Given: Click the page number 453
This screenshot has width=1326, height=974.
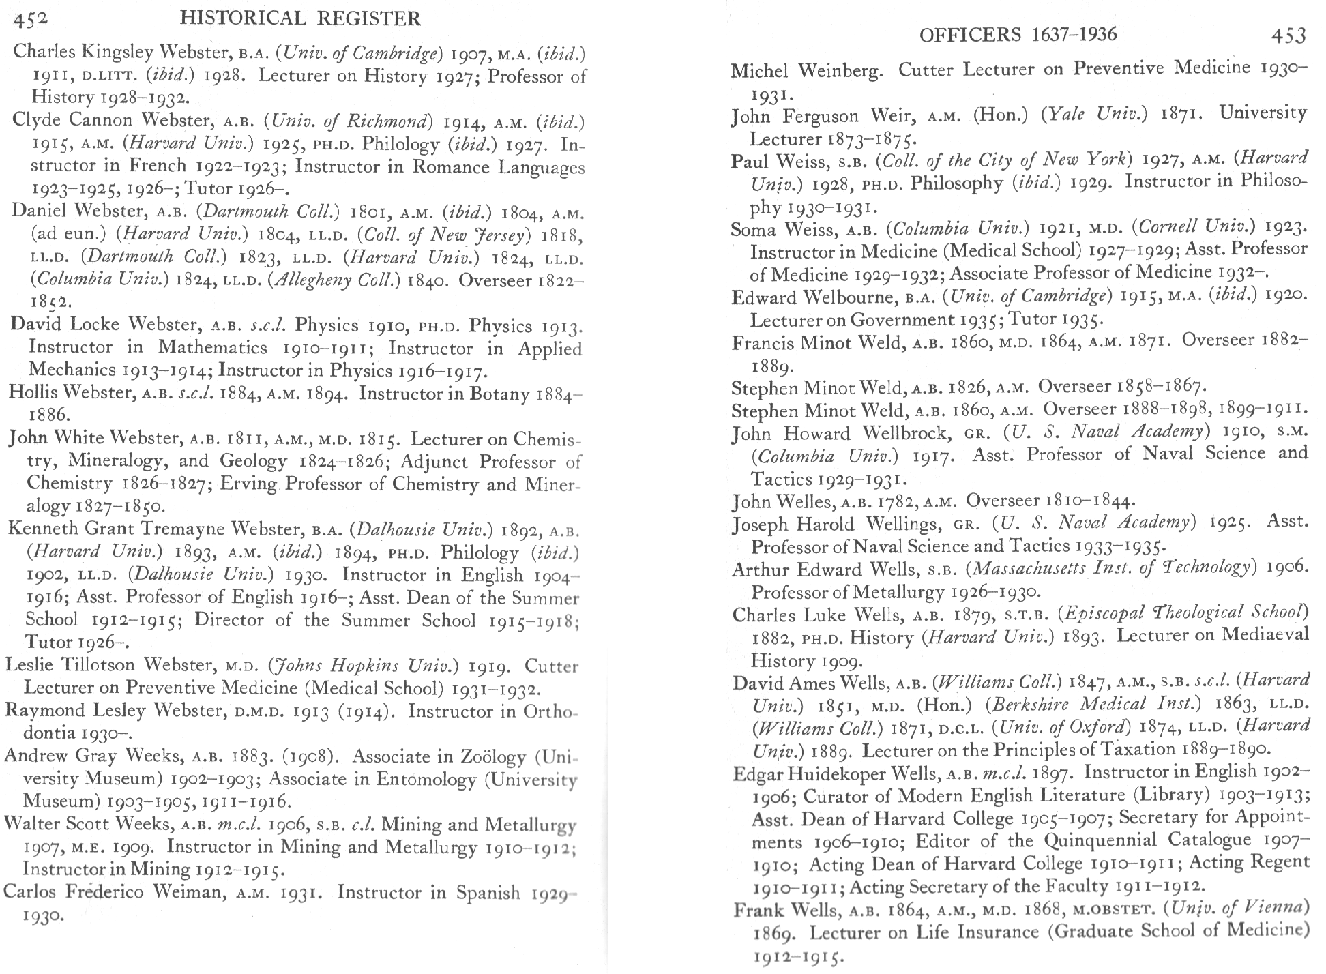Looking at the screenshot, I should coord(1288,35).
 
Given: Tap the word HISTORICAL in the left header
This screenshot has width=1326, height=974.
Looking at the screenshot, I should coord(241,18).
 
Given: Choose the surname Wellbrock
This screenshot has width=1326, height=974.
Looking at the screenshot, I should coord(906,433).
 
